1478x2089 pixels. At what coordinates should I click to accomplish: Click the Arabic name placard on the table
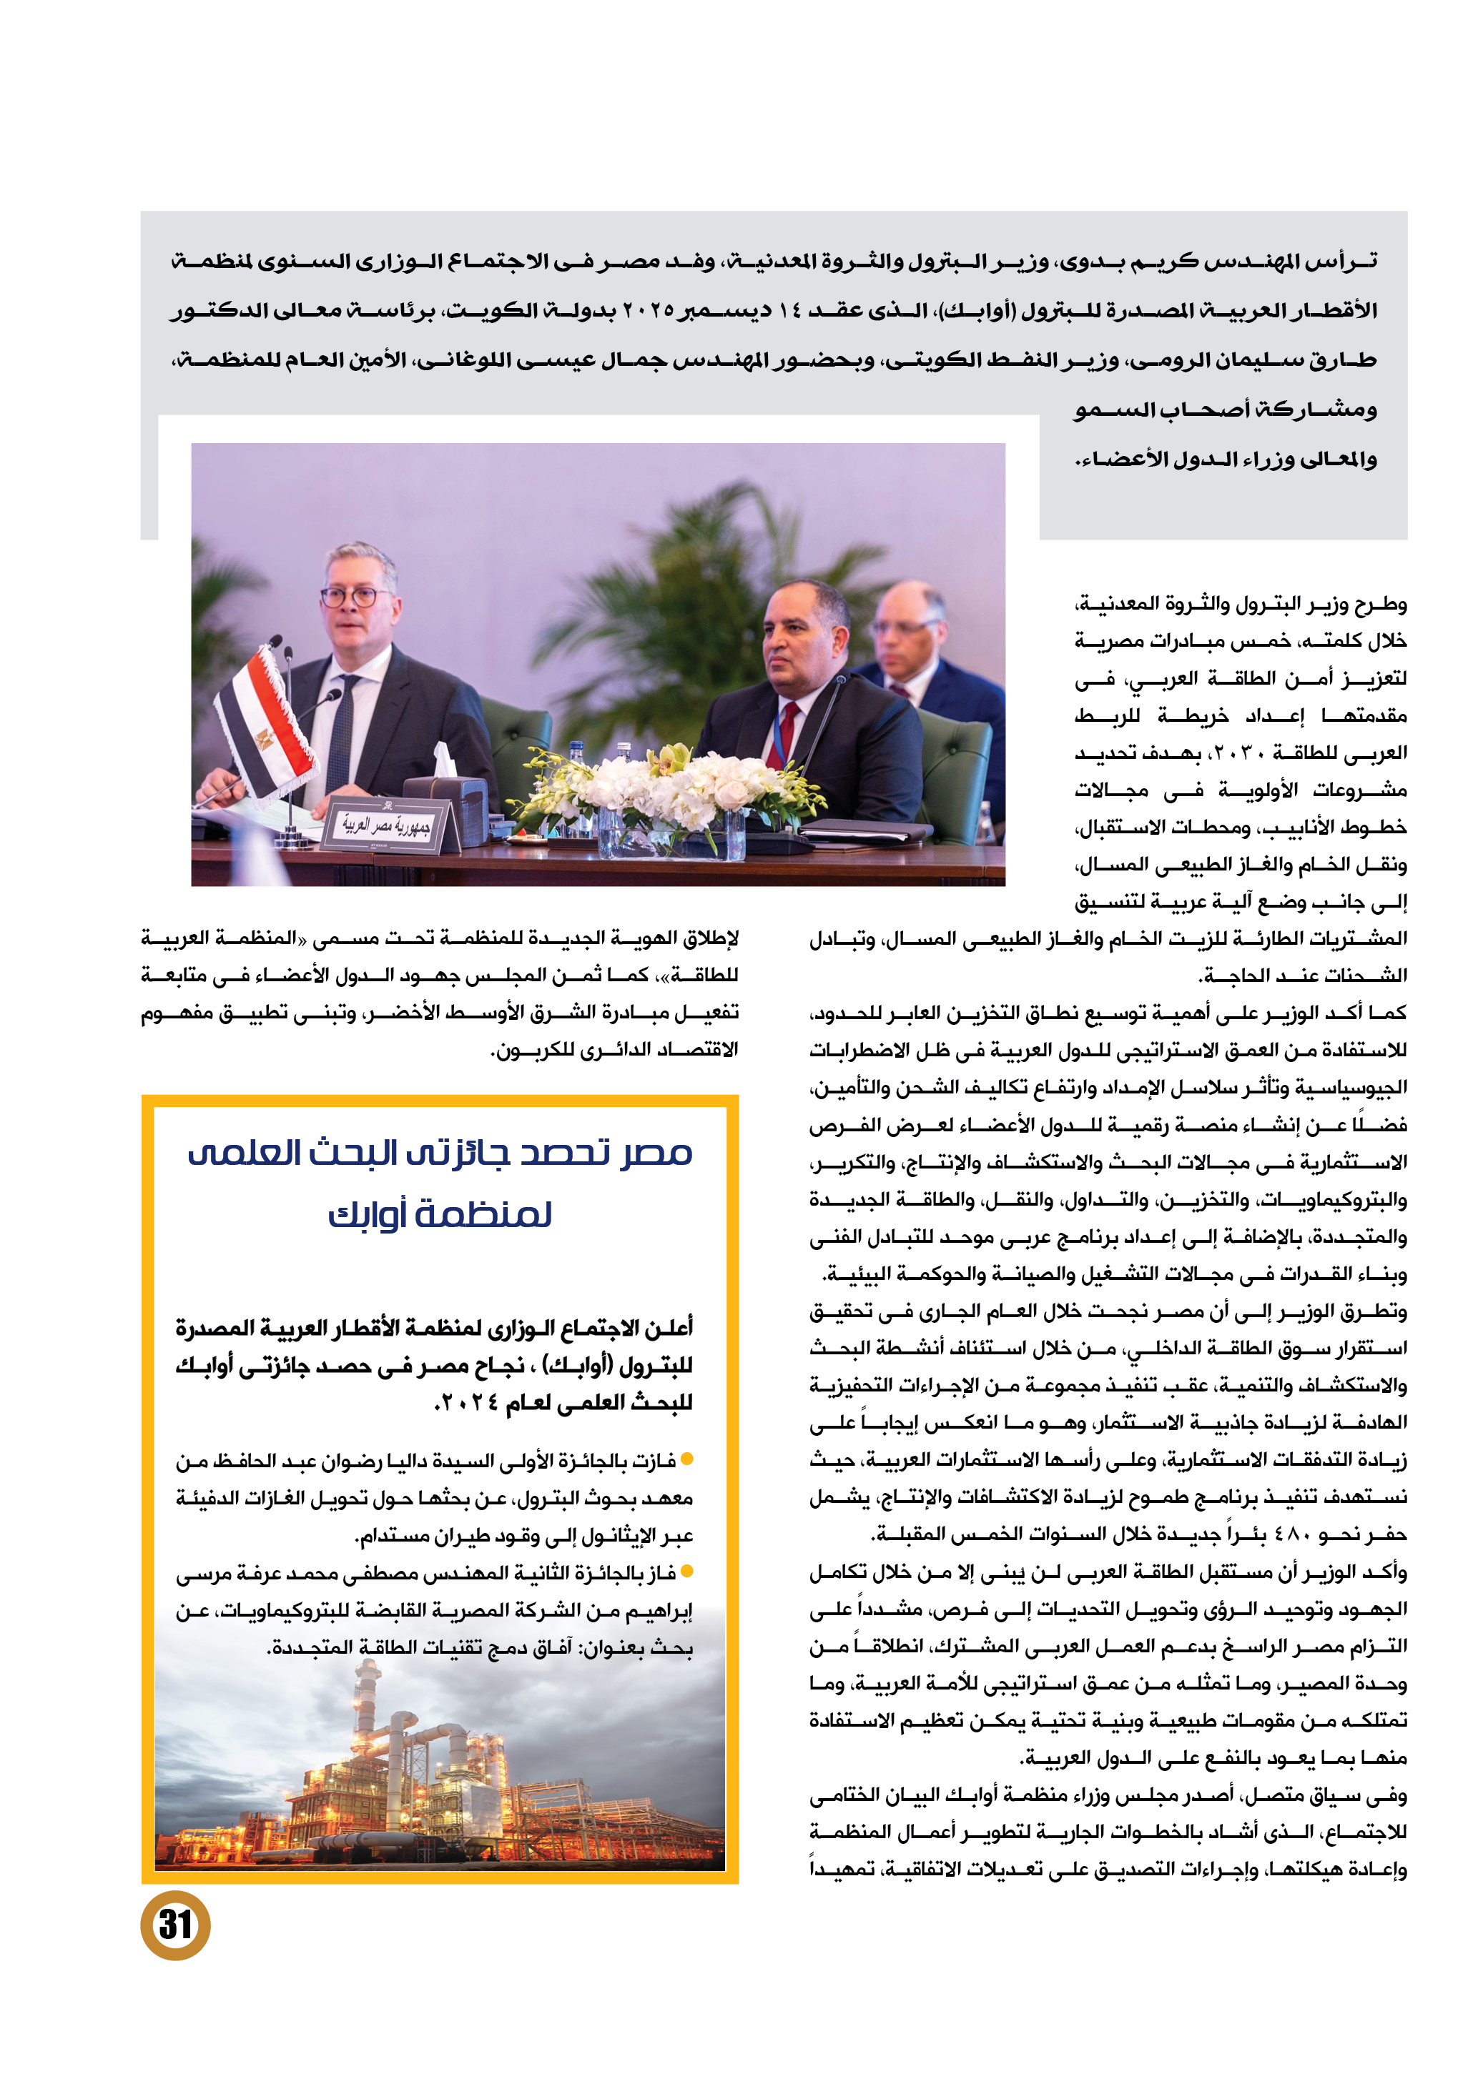click(x=387, y=824)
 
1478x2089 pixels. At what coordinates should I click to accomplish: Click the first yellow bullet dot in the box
click(x=687, y=1459)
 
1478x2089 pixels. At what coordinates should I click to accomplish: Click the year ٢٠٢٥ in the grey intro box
click(x=649, y=310)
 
